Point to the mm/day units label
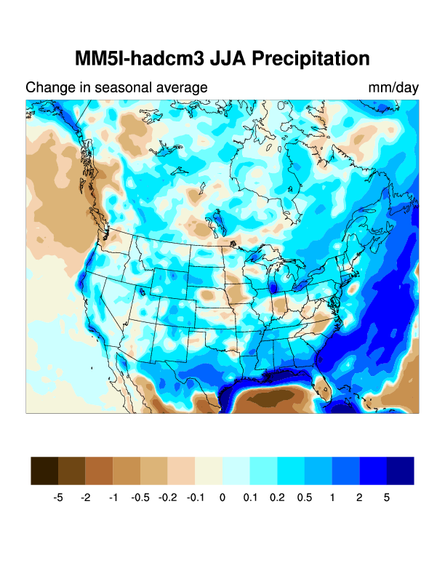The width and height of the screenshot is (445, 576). click(393, 88)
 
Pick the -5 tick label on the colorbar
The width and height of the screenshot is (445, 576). click(58, 498)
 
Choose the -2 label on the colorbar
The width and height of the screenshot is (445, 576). click(86, 498)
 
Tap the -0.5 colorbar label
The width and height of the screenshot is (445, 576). click(140, 498)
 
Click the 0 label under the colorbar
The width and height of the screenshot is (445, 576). click(222, 498)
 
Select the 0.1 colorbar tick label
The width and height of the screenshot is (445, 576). click(249, 498)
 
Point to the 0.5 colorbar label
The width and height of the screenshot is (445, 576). click(305, 498)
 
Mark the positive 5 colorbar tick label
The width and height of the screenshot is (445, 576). click(387, 498)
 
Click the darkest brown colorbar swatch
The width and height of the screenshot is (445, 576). click(44, 471)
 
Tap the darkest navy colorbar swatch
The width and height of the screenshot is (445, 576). click(400, 471)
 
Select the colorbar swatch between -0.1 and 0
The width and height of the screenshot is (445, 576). click(209, 471)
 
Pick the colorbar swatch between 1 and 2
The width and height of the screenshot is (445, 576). click(345, 471)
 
